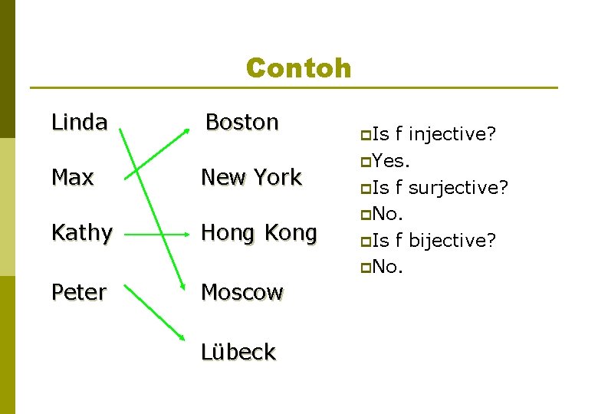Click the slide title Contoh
[x=298, y=68]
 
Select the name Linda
[x=79, y=122]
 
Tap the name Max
[x=72, y=177]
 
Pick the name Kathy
[x=82, y=232]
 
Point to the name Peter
[x=79, y=292]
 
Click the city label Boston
[x=242, y=122]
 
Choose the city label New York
[x=251, y=177]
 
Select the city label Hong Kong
[x=258, y=232]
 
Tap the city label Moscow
[x=242, y=292]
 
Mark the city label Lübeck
[x=238, y=352]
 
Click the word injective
[x=452, y=135]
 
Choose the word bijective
[x=452, y=240]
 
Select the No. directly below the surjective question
[x=388, y=214]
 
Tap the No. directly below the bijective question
[x=388, y=267]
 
